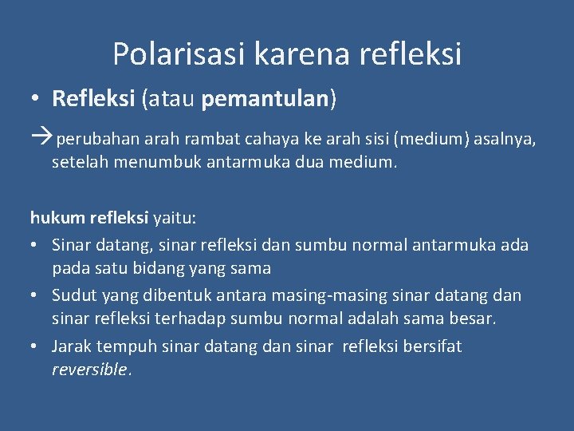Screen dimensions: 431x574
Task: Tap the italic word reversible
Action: [89, 370]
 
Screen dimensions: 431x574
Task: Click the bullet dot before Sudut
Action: [35, 296]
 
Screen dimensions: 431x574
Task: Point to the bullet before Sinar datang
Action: [35, 245]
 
